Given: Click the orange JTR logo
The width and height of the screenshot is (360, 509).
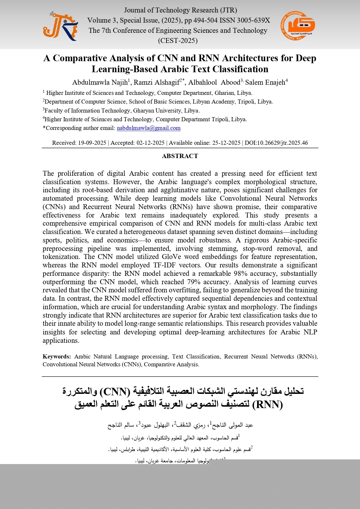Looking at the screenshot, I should click(60, 26).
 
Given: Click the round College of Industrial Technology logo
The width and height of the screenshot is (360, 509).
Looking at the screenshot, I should click(298, 26).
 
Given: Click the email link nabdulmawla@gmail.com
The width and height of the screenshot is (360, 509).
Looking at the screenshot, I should click(149, 128).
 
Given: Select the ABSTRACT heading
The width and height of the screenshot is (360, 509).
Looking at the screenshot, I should click(180, 156).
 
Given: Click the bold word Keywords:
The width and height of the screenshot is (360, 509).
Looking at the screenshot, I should click(57, 356).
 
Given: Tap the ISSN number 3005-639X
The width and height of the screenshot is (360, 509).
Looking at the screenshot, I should click(253, 20).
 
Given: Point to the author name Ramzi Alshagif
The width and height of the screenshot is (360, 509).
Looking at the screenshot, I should click(157, 82).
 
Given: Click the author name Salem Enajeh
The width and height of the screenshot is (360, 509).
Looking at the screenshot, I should click(265, 82).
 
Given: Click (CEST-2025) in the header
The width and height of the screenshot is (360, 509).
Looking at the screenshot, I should click(178, 41).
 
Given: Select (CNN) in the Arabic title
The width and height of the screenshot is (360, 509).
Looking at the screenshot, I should click(115, 392).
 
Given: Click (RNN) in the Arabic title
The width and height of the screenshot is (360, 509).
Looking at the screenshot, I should click(267, 404).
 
